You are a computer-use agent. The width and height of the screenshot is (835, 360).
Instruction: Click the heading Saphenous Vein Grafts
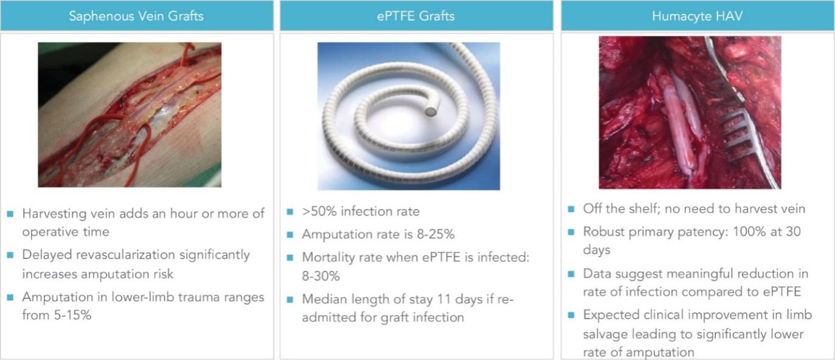coord(136,16)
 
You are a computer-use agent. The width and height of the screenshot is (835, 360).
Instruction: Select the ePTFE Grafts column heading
coord(415,16)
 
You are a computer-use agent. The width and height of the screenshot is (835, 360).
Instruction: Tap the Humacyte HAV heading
coord(697,16)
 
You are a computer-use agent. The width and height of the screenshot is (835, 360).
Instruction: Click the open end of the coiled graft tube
coord(431,111)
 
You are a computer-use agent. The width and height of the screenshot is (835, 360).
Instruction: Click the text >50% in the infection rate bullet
coord(319,211)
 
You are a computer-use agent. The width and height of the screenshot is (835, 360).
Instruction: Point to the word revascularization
coord(123,255)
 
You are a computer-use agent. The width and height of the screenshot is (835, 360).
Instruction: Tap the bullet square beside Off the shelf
coord(570,209)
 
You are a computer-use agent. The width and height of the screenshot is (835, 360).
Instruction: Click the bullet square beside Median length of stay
coord(290,300)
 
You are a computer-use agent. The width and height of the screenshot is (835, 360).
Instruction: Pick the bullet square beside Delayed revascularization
coord(10,255)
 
